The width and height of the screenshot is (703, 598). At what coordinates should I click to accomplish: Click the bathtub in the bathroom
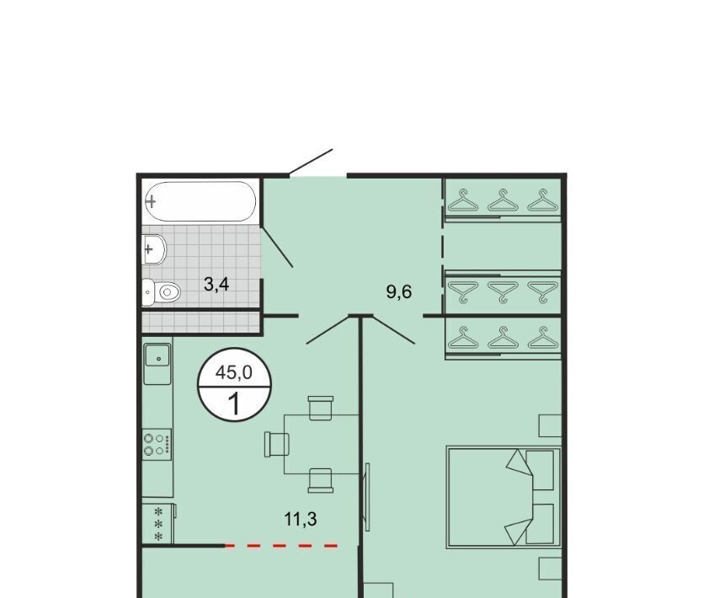click(x=200, y=201)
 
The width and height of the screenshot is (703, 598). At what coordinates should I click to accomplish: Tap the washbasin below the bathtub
click(x=154, y=249)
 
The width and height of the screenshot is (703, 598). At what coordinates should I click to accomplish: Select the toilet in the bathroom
click(x=161, y=292)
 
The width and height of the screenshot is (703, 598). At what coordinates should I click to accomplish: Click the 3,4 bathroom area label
click(x=216, y=284)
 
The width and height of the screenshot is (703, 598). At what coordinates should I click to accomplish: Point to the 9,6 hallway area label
click(x=399, y=292)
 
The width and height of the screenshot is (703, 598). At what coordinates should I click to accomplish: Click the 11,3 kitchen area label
click(x=301, y=519)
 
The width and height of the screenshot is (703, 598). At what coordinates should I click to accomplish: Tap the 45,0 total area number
click(x=234, y=372)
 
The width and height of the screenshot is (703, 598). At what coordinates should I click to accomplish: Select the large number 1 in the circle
click(x=234, y=403)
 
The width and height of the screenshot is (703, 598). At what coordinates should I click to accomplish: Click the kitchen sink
click(x=157, y=360)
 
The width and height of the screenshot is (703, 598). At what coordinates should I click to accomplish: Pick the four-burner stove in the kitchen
click(x=157, y=444)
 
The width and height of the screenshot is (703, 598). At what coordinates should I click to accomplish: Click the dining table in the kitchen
click(x=321, y=445)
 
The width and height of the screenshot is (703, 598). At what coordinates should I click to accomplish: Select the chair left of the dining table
click(x=277, y=444)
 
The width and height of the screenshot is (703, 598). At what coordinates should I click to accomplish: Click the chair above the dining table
click(x=321, y=408)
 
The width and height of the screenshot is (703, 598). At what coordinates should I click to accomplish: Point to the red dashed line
click(x=281, y=546)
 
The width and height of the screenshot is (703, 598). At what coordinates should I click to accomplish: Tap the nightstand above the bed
click(x=550, y=425)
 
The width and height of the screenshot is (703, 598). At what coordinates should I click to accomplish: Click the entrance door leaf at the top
click(x=311, y=162)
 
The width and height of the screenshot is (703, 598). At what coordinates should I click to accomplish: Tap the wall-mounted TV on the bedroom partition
click(x=367, y=497)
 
